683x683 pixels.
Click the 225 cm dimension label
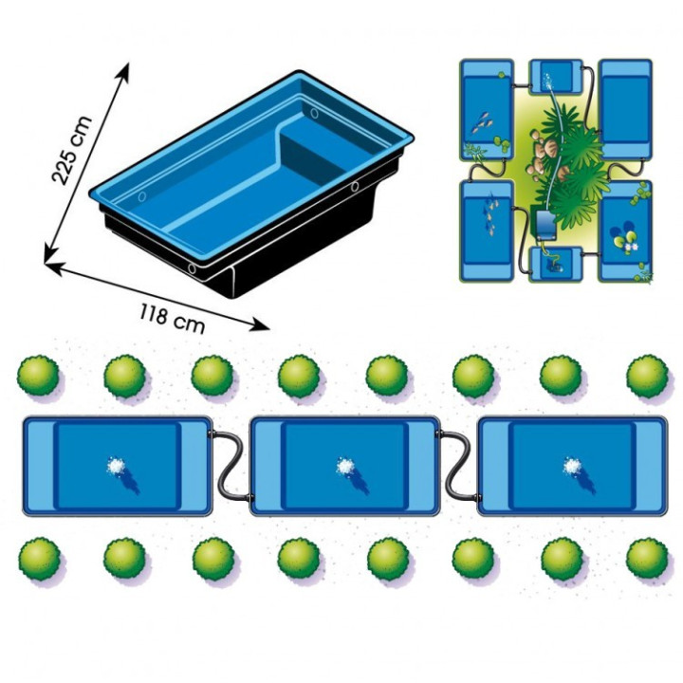[72, 150]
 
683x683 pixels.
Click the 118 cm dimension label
[172, 319]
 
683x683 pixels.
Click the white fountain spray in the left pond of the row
[116, 466]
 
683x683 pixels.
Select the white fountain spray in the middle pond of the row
[345, 466]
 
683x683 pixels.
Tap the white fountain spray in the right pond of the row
[572, 466]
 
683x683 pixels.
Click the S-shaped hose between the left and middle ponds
[231, 465]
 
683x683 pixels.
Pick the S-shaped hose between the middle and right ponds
[459, 465]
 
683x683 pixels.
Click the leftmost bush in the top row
[38, 376]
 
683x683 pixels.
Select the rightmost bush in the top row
[648, 376]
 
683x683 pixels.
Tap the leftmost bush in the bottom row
[40, 559]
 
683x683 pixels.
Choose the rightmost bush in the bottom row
[647, 559]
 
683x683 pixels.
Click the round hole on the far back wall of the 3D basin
[315, 113]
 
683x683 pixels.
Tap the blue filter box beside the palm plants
[544, 226]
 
